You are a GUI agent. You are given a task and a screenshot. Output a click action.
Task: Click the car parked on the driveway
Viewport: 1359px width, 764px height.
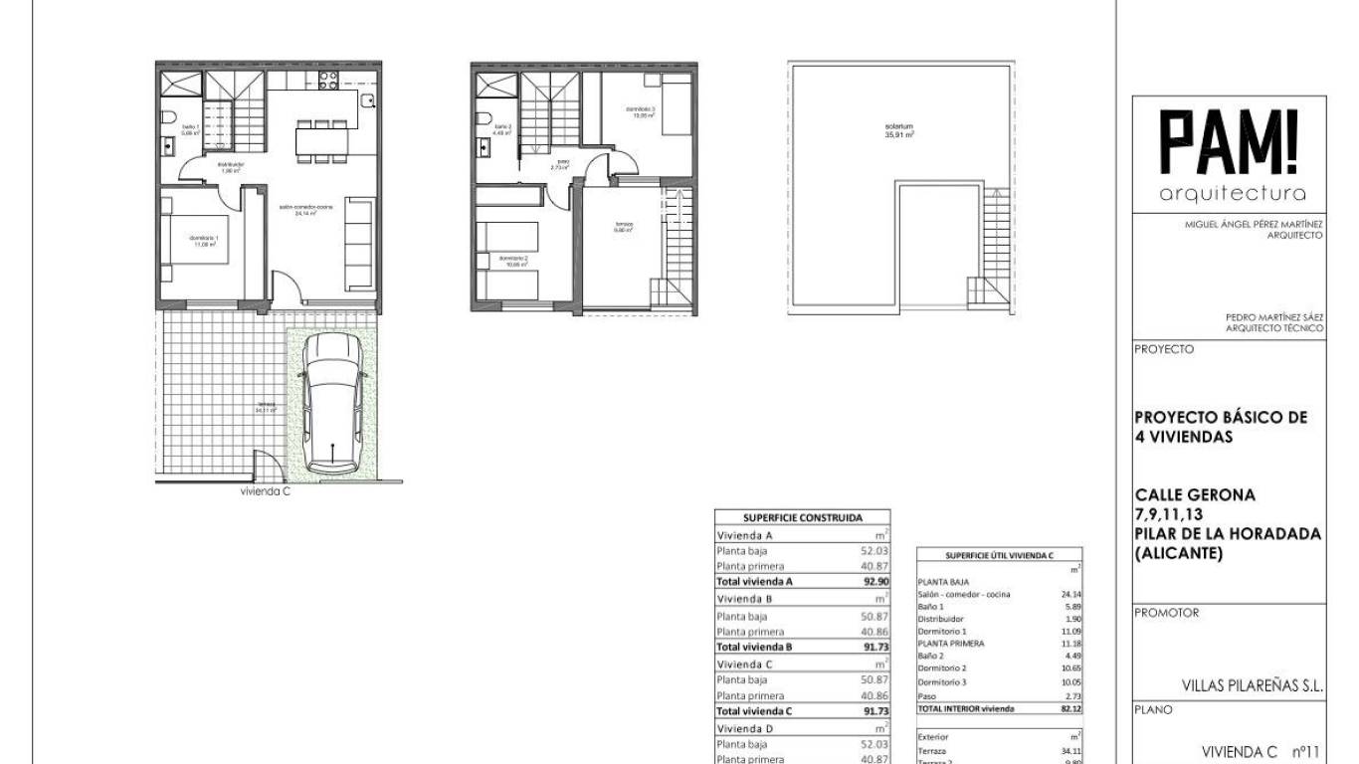(x=332, y=402)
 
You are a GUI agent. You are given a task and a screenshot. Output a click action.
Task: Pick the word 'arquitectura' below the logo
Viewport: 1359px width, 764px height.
(x=1233, y=194)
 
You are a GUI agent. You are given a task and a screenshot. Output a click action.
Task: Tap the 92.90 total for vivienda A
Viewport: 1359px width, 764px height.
(x=875, y=581)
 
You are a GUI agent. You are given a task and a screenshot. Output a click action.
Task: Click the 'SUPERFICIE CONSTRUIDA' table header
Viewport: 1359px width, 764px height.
(x=803, y=517)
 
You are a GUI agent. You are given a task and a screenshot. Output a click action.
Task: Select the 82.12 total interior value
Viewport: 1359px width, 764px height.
(x=1070, y=709)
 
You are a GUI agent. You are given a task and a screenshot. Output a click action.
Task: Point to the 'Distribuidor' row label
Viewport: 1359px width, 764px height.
(x=940, y=619)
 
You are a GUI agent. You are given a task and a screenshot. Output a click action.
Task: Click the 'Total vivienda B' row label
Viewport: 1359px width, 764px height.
(x=754, y=647)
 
